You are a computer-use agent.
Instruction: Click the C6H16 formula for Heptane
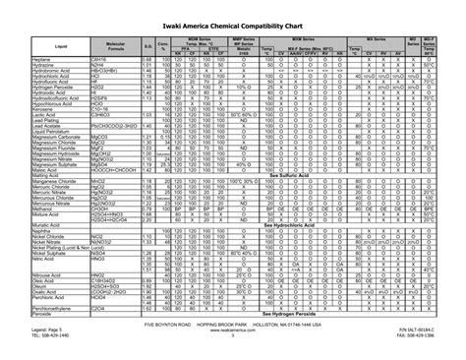pos(99,58)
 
